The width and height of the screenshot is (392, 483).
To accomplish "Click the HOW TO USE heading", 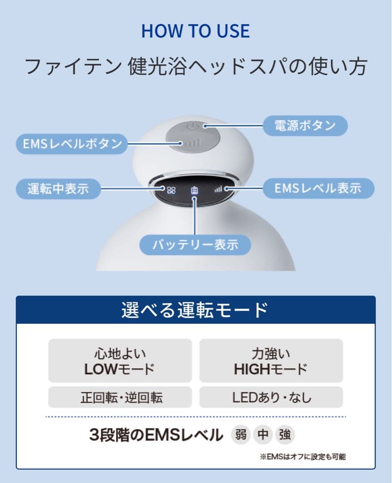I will (x=196, y=31).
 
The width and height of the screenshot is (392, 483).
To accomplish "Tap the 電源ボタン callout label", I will (x=305, y=126).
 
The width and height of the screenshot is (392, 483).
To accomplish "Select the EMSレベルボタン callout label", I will (x=72, y=144).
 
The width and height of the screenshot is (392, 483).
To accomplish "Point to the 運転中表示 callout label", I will (x=58, y=189).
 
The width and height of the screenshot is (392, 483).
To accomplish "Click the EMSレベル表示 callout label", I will (x=318, y=189).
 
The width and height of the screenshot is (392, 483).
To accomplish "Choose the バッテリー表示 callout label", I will (x=195, y=245).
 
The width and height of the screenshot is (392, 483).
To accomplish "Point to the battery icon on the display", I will (x=194, y=190).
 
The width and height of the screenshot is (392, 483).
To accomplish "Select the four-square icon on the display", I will (x=171, y=190).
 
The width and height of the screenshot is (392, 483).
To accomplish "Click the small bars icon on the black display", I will (x=218, y=190).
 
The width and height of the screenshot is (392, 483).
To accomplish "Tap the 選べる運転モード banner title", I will (x=195, y=310).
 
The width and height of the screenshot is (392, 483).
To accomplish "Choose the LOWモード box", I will (x=120, y=361).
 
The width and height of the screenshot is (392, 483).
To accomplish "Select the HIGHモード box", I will (x=271, y=361).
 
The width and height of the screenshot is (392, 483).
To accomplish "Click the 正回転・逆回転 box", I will (x=120, y=397).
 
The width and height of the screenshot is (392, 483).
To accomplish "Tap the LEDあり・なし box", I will (x=271, y=397).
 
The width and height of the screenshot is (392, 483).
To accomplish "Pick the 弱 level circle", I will (x=241, y=435).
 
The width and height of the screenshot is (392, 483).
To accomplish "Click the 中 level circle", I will (x=263, y=435).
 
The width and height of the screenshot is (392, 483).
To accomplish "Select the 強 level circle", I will (x=285, y=435).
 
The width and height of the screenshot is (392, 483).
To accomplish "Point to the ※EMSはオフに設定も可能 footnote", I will (x=303, y=457).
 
